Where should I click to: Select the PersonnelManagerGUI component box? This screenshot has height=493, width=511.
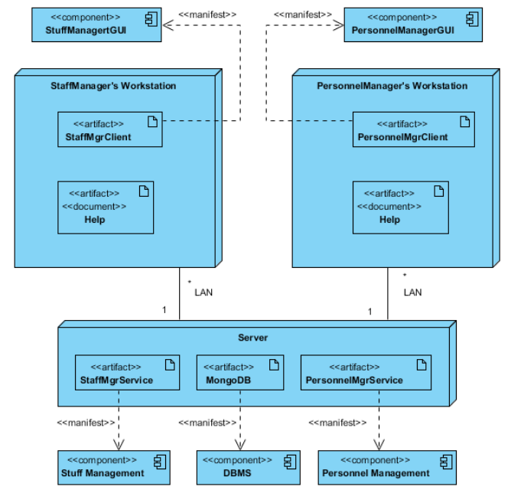point(413,25)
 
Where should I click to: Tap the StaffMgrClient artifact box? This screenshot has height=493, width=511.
point(110,129)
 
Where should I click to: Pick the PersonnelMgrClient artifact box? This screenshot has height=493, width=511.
point(413,129)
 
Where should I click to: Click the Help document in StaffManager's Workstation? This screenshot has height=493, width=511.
point(106,207)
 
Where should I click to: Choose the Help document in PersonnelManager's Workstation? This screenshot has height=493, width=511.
point(400,207)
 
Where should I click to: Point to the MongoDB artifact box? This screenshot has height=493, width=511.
point(240,372)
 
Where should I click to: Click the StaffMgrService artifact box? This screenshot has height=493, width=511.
point(127,372)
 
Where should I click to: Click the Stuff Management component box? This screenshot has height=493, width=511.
point(112,466)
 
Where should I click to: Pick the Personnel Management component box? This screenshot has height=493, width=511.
point(386,466)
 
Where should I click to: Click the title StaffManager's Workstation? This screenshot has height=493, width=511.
point(112,86)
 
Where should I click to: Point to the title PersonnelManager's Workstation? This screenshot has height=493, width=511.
point(392,86)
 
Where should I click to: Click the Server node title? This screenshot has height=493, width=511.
point(252,337)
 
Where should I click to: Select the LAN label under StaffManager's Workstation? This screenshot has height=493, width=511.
point(203,292)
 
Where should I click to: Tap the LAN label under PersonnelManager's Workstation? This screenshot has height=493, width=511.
point(412,292)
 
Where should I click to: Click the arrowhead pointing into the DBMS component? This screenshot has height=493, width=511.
point(241,446)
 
